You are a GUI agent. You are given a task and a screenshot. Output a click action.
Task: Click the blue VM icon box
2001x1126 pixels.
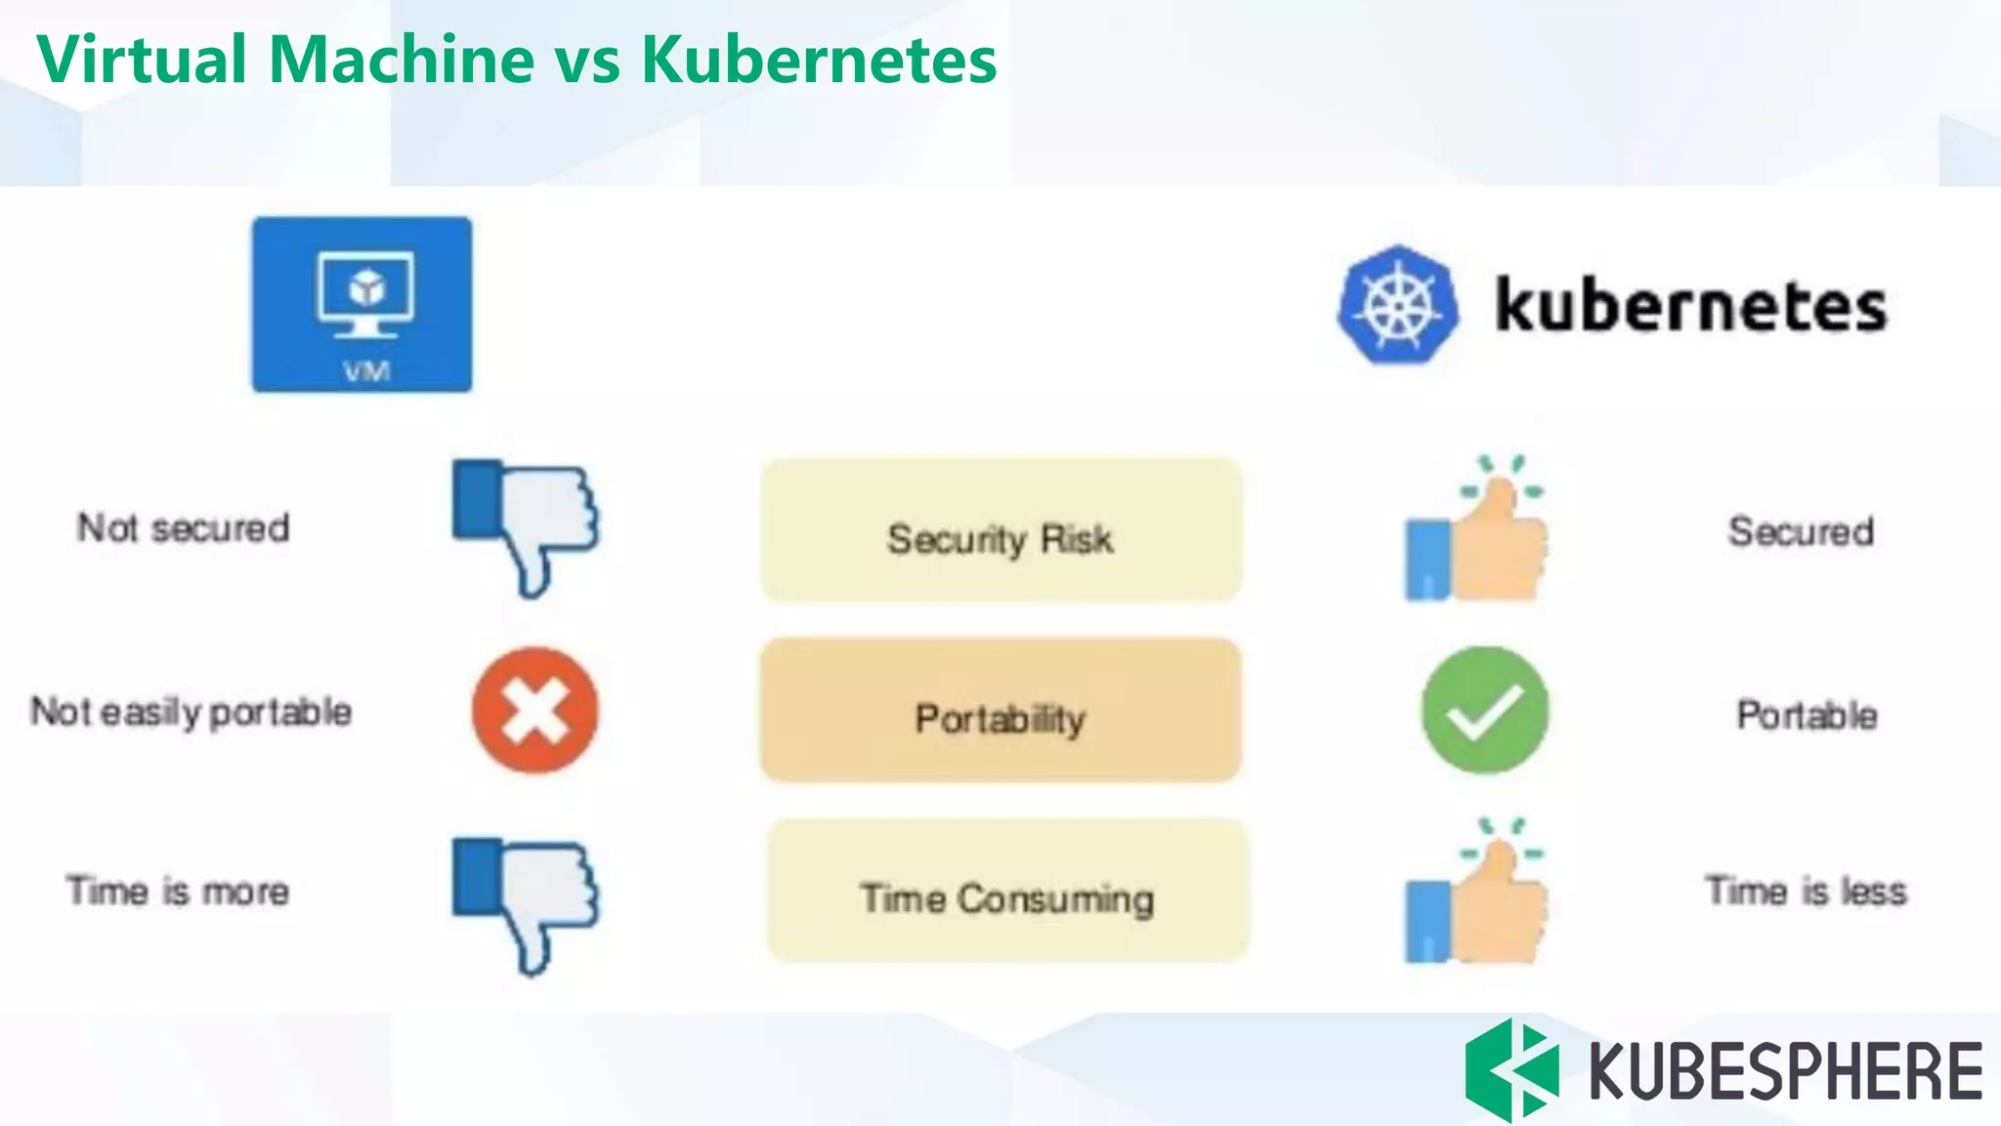click(x=362, y=304)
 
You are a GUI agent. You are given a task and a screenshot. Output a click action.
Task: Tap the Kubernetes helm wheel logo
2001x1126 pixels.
click(x=1398, y=305)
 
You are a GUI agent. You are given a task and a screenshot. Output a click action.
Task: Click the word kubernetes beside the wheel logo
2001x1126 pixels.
click(x=1691, y=306)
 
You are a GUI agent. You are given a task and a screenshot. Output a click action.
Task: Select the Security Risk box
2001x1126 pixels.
click(x=1000, y=531)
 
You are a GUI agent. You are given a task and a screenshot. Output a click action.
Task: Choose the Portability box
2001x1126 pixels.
click(x=1000, y=711)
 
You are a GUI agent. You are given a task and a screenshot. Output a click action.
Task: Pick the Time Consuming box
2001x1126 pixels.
click(x=1007, y=891)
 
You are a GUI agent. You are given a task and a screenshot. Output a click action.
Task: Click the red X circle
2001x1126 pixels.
click(x=534, y=711)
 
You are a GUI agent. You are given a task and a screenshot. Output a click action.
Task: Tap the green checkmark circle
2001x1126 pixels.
click(x=1484, y=711)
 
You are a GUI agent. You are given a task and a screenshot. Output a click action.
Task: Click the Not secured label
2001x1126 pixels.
click(x=184, y=528)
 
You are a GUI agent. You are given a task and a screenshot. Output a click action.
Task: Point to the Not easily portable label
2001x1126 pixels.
click(x=192, y=712)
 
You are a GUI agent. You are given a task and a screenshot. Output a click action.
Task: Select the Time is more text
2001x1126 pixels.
click(x=178, y=891)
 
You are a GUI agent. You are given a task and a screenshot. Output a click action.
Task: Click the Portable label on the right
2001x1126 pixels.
click(x=1807, y=715)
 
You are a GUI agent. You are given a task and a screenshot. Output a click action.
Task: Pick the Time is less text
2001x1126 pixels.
click(x=1806, y=890)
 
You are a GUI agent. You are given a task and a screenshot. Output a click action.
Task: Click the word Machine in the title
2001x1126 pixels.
click(x=402, y=60)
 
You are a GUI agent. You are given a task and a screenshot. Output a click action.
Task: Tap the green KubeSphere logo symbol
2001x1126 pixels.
click(x=1511, y=1069)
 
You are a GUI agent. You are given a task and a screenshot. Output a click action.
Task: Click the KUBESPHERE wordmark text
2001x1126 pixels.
click(x=1785, y=1071)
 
